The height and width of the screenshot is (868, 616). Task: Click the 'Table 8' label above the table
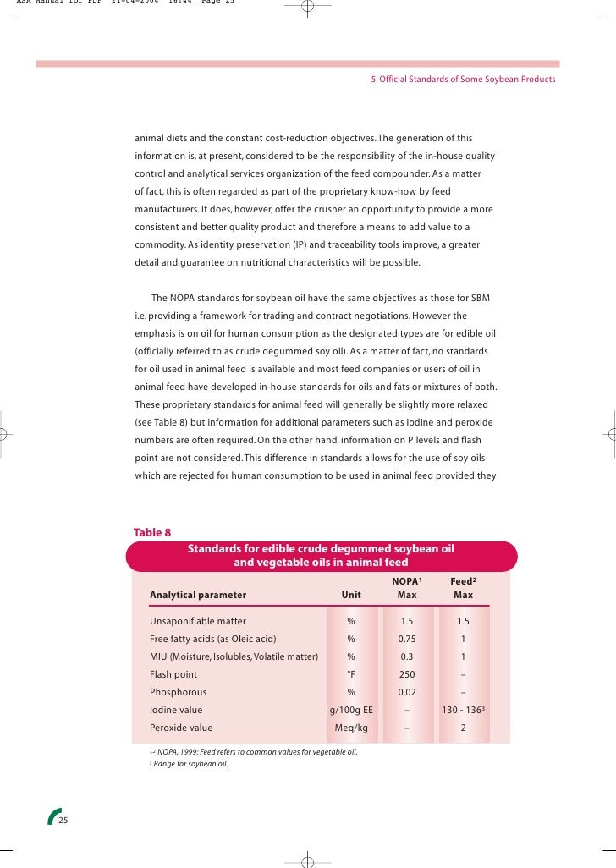[152, 532]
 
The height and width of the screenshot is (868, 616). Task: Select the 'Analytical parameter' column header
[198, 595]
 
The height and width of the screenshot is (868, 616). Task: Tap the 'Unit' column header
[350, 595]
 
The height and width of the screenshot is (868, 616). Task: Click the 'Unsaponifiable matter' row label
[198, 621]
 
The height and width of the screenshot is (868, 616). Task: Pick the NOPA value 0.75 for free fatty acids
[407, 639]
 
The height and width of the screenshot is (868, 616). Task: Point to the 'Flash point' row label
[173, 674]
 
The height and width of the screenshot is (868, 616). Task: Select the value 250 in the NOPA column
[407, 674]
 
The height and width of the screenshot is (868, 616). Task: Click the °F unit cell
[350, 674]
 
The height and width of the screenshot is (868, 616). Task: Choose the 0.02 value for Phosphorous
[407, 692]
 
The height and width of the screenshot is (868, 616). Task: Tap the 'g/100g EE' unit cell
[350, 710]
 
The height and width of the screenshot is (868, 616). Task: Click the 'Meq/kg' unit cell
[350, 728]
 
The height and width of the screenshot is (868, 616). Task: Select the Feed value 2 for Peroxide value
[463, 728]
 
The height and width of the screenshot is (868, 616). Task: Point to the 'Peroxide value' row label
[181, 728]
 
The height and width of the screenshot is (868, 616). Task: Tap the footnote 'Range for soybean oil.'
[190, 764]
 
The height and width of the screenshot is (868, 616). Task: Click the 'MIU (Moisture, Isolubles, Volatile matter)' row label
[234, 656]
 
